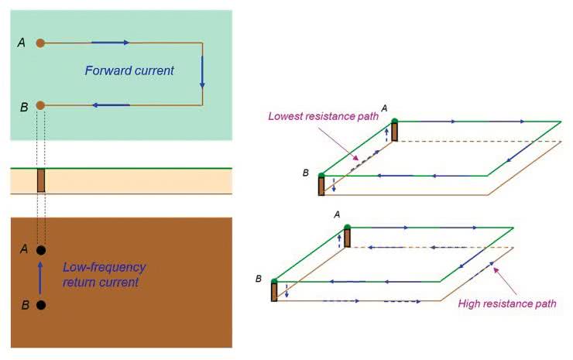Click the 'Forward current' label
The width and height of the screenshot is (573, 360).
(x=129, y=70)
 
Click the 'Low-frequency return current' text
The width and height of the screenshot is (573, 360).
(x=104, y=275)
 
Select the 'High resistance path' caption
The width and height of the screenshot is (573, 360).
(x=506, y=304)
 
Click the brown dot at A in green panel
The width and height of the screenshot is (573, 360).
(x=41, y=43)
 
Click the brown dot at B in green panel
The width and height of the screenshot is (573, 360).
(x=41, y=105)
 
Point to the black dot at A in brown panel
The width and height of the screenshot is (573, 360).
(x=41, y=250)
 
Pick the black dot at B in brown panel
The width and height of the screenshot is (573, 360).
(x=41, y=305)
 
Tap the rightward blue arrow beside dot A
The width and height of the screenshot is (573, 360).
(x=110, y=43)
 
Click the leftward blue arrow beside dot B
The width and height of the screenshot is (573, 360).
(x=111, y=105)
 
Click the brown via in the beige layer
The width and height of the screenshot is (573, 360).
(x=41, y=180)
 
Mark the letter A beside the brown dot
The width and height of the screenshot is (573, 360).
(x=21, y=43)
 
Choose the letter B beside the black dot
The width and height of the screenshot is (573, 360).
(x=24, y=305)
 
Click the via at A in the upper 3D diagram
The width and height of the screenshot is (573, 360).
(x=394, y=131)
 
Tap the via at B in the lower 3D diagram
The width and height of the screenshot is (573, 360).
(x=274, y=290)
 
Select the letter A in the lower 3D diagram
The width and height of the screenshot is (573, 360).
(x=336, y=214)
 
